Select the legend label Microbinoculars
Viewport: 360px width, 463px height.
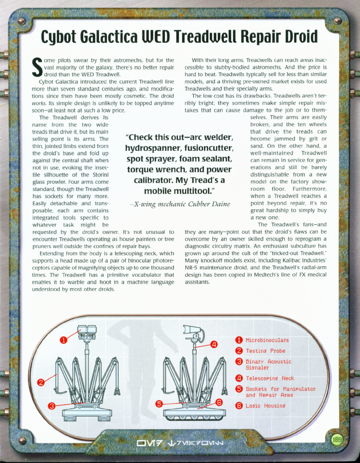tap(267, 340)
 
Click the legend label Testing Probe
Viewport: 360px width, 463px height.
tap(265, 351)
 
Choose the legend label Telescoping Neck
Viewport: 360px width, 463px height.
tap(269, 378)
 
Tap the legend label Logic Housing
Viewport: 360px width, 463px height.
tap(265, 405)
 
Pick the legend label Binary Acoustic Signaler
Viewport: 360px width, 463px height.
tap(268, 364)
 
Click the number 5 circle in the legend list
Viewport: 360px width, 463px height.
tap(239, 389)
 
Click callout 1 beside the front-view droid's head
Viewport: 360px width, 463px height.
tap(64, 340)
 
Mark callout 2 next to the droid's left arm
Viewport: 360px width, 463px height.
tap(41, 382)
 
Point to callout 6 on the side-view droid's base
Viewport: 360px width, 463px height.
tap(219, 402)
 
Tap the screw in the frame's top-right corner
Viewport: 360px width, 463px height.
tap(338, 21)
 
